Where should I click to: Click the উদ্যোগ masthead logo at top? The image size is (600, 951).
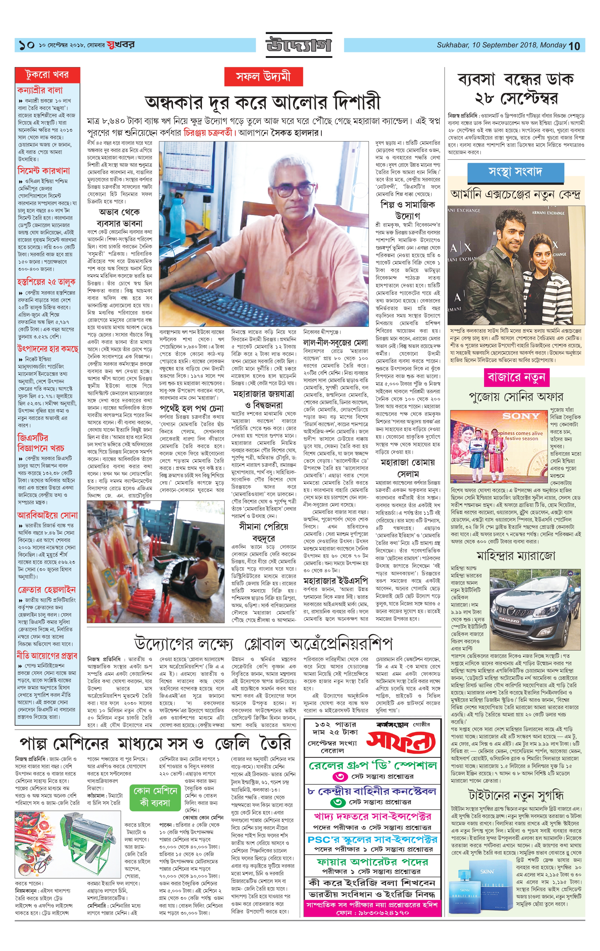[298, 44]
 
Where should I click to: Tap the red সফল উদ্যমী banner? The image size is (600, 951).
[263, 77]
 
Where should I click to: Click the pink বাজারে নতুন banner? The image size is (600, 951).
[516, 378]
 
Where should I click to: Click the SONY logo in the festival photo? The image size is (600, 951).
[521, 416]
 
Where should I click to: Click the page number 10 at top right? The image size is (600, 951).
[574, 46]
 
